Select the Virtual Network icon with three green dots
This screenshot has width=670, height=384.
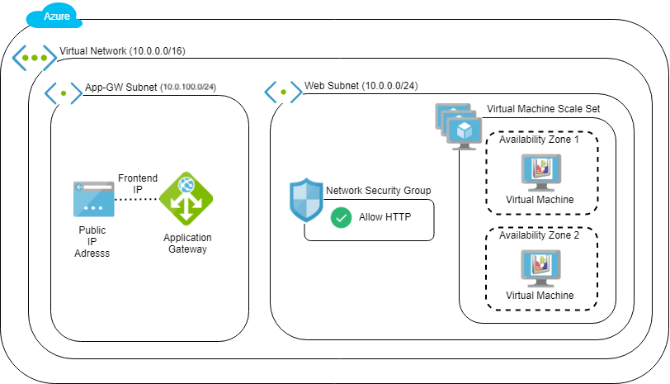tap(35, 58)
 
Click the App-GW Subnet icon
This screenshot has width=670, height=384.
tap(62, 92)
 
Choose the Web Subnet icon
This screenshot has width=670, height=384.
tap(282, 92)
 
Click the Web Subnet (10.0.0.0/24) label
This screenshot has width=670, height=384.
tap(361, 86)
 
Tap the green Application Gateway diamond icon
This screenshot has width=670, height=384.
tap(186, 198)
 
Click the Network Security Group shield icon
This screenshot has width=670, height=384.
tap(305, 200)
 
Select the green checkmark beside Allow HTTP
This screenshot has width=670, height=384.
tap(340, 218)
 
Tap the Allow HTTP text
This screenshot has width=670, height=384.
tap(384, 218)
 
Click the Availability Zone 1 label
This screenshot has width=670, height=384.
tap(539, 140)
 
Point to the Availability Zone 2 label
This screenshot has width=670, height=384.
tap(539, 235)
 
